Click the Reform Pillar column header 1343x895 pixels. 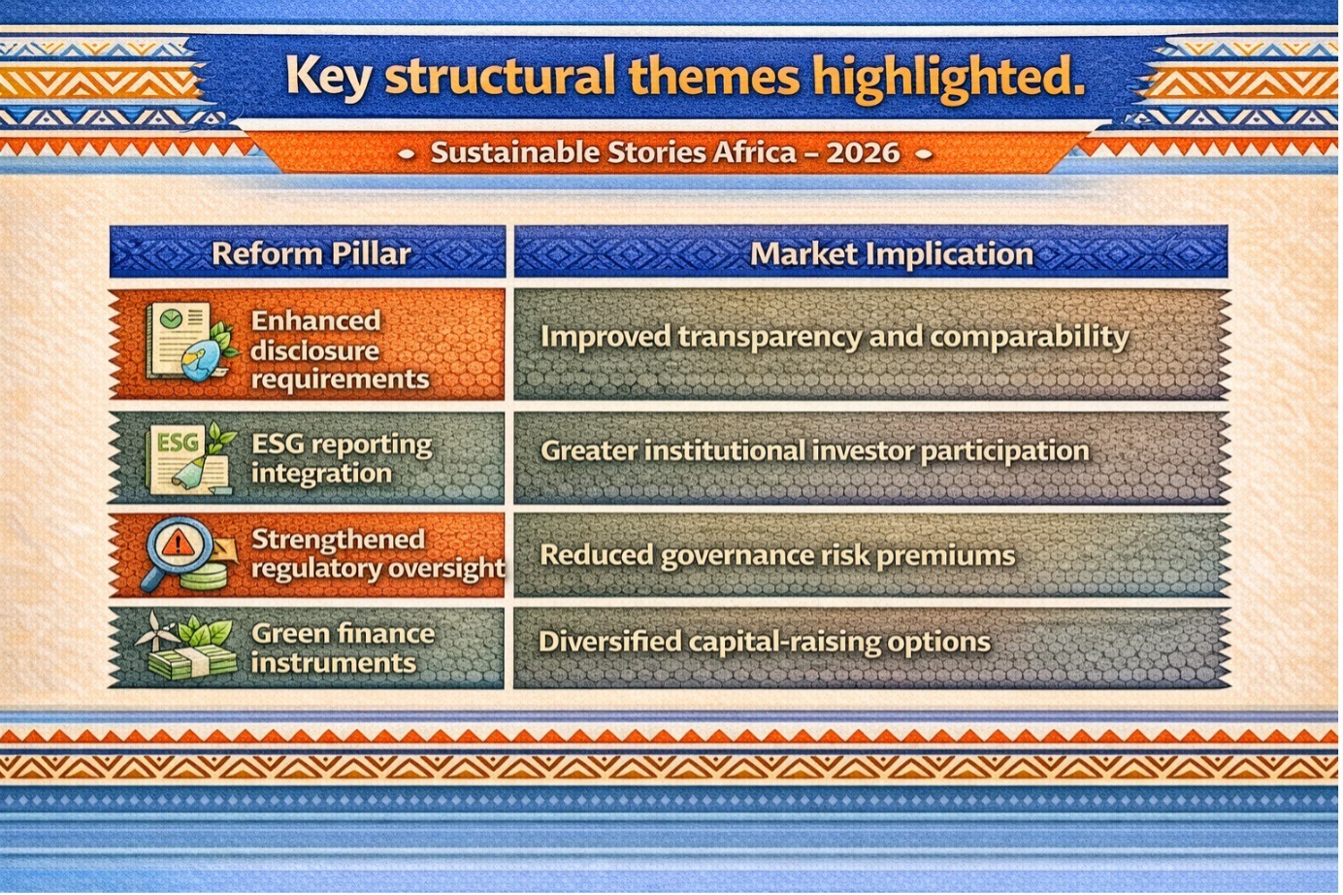311,253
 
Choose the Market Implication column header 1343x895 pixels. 892,253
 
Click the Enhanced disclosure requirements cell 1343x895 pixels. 340,349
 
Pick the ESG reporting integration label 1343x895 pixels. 342,458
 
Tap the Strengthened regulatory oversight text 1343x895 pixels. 378,553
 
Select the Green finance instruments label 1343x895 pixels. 343,647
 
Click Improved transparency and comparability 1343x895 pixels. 835,337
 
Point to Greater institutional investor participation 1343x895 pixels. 815,451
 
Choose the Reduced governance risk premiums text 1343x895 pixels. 777,555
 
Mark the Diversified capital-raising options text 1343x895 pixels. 765,642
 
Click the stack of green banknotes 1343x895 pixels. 192,662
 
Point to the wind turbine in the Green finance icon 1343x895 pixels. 154,630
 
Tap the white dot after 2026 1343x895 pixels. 924,154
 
